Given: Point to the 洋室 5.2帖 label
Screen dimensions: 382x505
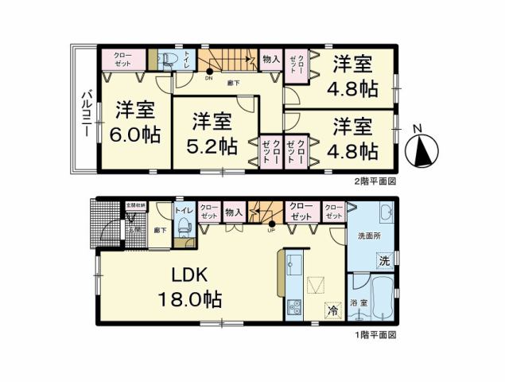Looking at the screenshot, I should click(212, 133).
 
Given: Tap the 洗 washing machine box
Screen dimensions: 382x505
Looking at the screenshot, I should click(384, 260).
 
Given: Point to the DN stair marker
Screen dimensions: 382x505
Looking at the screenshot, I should click(209, 78).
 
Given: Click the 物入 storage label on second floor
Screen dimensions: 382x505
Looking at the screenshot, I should click(270, 59).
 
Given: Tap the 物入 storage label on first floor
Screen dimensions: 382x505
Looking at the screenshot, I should click(233, 212).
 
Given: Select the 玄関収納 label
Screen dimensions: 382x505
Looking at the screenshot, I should click(134, 205).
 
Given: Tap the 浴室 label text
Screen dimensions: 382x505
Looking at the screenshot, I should click(358, 303).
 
